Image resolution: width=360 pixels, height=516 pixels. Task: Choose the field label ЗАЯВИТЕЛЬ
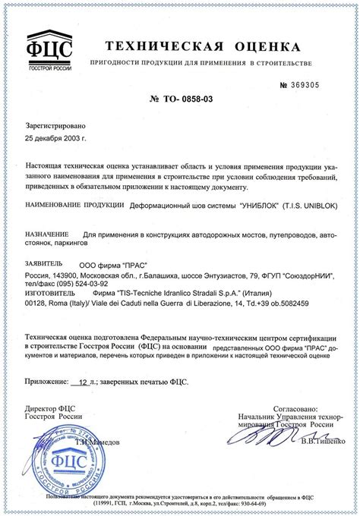(48, 263)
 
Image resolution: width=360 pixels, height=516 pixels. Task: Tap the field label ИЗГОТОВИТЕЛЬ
(54, 294)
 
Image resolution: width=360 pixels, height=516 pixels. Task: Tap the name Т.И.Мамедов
(111, 441)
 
